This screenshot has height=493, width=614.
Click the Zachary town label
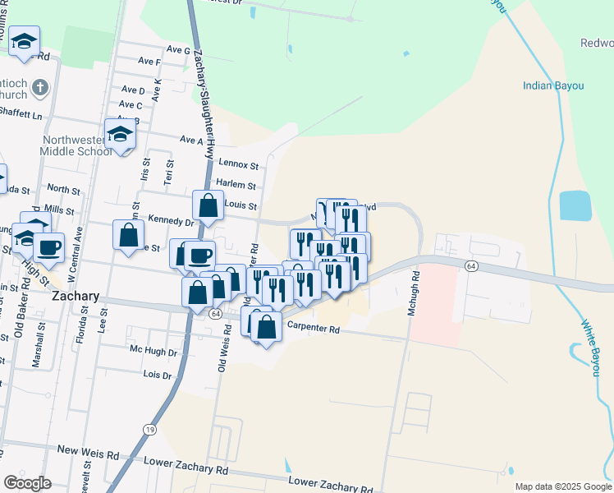pyautogui.click(x=76, y=296)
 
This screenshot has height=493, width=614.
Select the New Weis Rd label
pyautogui.click(x=89, y=450)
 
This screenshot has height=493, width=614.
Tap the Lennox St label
pyautogui.click(x=238, y=166)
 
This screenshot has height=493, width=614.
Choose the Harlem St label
pyautogui.click(x=236, y=186)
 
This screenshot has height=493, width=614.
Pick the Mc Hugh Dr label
pyautogui.click(x=153, y=351)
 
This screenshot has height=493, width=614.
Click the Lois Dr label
pyautogui.click(x=157, y=375)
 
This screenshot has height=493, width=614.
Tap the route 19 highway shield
pyautogui.click(x=149, y=430)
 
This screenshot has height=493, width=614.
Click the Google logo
pyautogui.click(x=27, y=483)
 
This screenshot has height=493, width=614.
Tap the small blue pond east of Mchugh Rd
pyautogui.click(x=574, y=205)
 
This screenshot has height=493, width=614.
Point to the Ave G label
pyautogui.click(x=178, y=50)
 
